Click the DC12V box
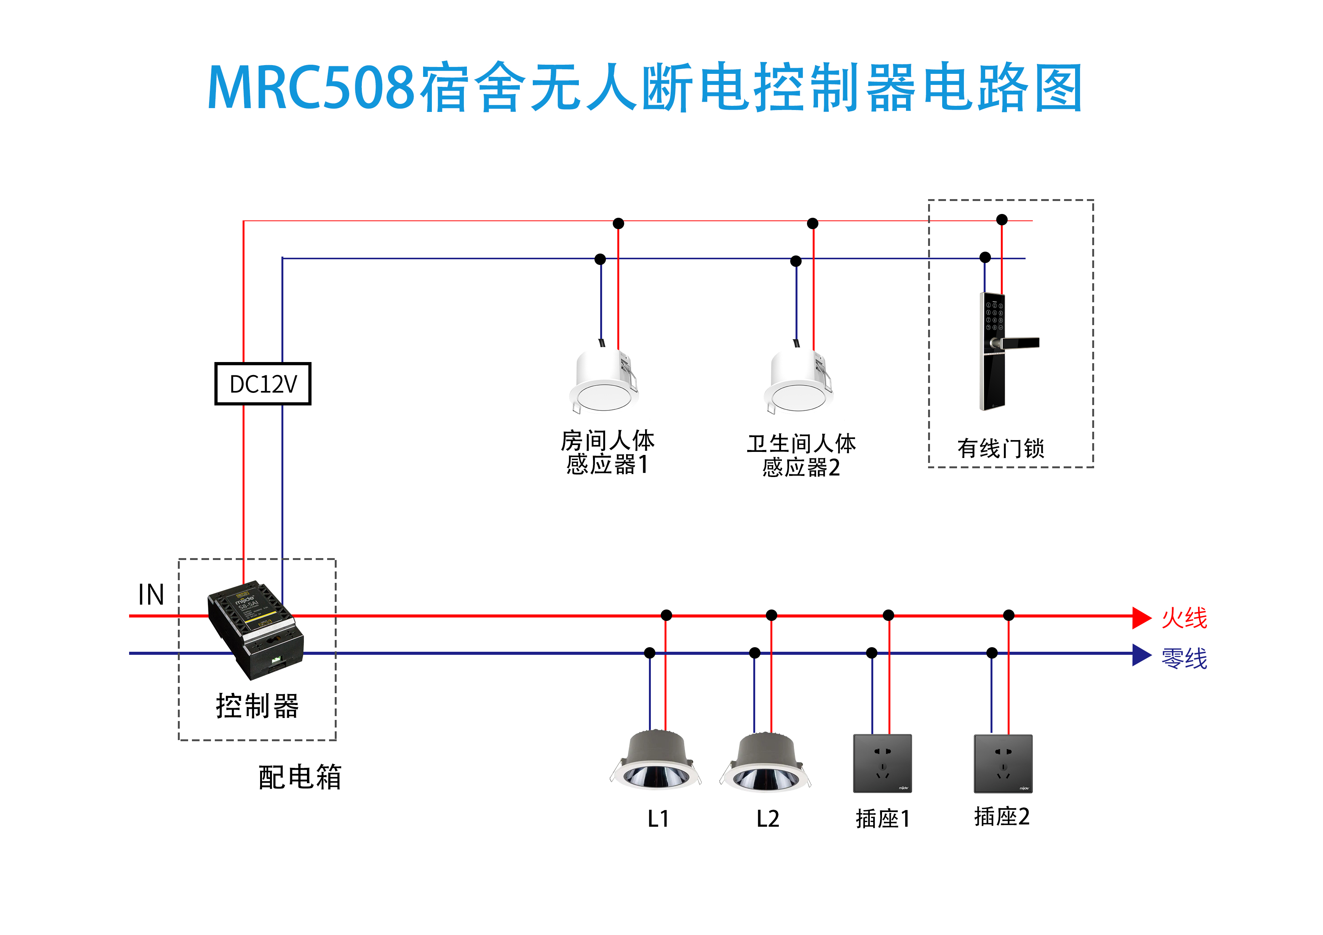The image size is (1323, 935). pyautogui.click(x=263, y=384)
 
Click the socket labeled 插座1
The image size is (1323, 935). pyautogui.click(x=882, y=763)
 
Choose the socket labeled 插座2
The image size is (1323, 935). pyautogui.click(x=1003, y=763)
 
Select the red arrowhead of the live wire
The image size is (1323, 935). pyautogui.click(x=1141, y=617)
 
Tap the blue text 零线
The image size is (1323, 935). pyautogui.click(x=1184, y=658)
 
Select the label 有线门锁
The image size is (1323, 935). pyautogui.click(x=1000, y=448)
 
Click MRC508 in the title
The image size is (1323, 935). pyautogui.click(x=311, y=88)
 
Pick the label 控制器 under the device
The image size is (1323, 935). pyautogui.click(x=257, y=706)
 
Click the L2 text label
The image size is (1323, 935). pyautogui.click(x=767, y=819)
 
